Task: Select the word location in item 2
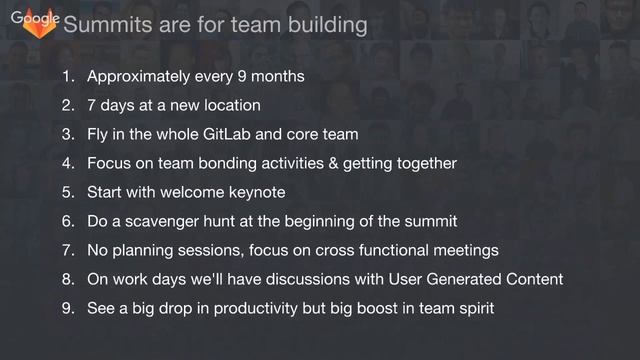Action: point(229,105)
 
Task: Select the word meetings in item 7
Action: point(465,250)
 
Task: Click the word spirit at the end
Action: point(472,308)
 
